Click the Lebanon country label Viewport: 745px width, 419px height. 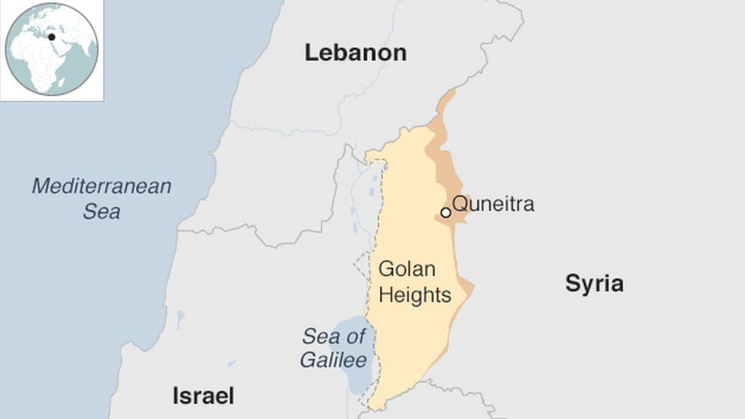click(355, 53)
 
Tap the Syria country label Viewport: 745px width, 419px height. click(594, 284)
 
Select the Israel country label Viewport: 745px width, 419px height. click(203, 396)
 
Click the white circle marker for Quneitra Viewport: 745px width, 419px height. click(446, 213)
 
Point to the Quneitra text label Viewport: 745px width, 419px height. click(493, 204)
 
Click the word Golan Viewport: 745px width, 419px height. click(406, 269)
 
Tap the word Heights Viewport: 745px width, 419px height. click(414, 295)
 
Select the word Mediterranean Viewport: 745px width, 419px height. click(102, 186)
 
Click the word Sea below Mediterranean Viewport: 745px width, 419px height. click(102, 211)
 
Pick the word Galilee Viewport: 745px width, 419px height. click(333, 360)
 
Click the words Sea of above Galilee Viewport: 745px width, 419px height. click(333, 336)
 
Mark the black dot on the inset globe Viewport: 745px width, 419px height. click(51, 37)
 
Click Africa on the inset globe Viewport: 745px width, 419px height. click(38, 61)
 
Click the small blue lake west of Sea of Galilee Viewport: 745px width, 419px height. click(180, 315)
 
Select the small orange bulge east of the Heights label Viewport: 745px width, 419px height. click(467, 288)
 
